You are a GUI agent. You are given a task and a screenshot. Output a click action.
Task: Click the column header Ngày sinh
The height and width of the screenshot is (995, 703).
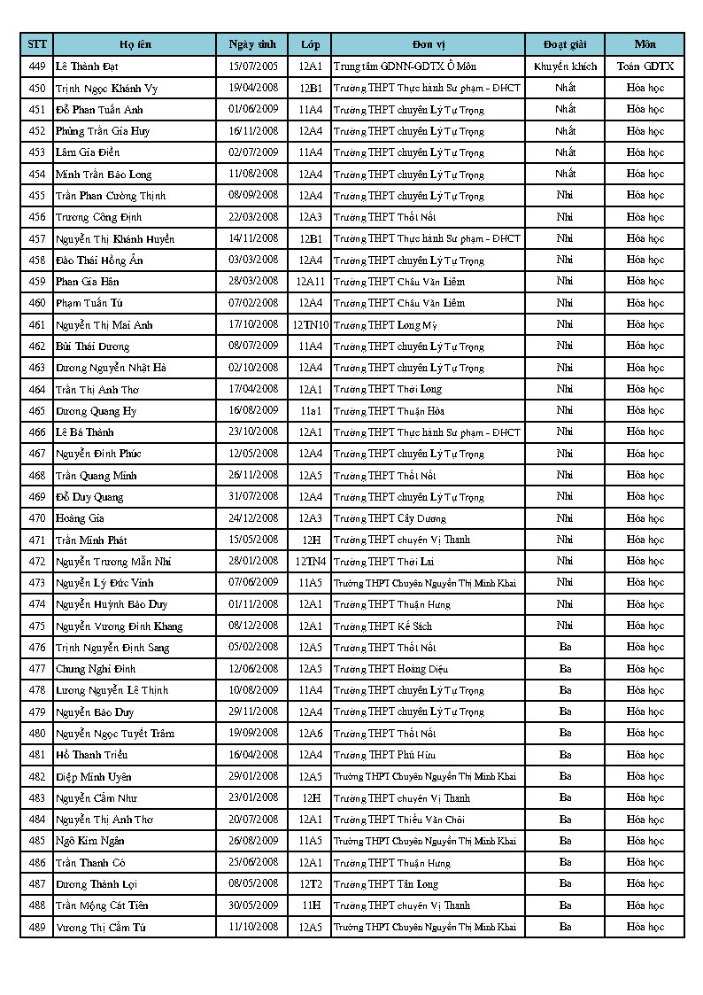tap(252, 44)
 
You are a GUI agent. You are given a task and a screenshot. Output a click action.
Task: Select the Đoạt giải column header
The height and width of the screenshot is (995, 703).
tap(565, 44)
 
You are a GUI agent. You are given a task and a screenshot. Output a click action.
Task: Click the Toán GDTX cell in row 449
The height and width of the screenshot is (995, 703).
tap(645, 66)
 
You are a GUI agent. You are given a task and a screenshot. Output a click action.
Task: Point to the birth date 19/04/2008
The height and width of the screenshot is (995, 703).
tap(252, 88)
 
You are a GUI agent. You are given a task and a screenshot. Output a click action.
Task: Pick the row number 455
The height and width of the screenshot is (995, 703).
tap(37, 196)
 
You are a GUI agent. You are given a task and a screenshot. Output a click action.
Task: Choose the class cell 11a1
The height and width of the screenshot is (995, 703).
tap(310, 411)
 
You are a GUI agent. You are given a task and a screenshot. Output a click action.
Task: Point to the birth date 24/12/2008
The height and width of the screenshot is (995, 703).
tap(252, 518)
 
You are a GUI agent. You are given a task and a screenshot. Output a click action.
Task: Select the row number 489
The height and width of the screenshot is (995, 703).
tap(37, 927)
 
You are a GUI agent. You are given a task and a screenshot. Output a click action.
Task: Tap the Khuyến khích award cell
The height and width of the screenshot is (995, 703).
tap(565, 66)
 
